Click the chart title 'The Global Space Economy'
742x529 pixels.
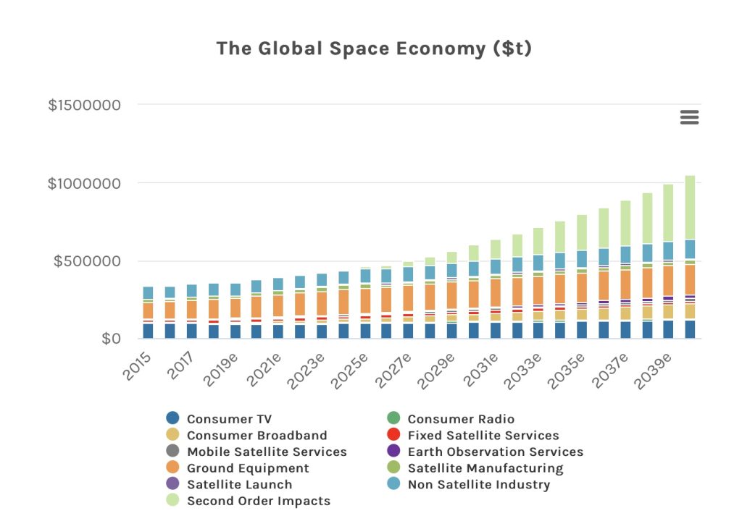(374, 48)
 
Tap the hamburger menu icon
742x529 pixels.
(689, 117)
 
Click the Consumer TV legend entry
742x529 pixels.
(229, 419)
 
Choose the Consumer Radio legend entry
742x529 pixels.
(461, 419)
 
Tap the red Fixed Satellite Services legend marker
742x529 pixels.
(393, 435)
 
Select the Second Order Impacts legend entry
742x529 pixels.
(258, 501)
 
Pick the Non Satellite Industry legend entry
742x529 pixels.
(478, 484)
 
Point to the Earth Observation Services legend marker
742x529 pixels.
(393, 452)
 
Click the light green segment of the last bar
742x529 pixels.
(689, 207)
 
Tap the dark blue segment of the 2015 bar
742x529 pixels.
(148, 331)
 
